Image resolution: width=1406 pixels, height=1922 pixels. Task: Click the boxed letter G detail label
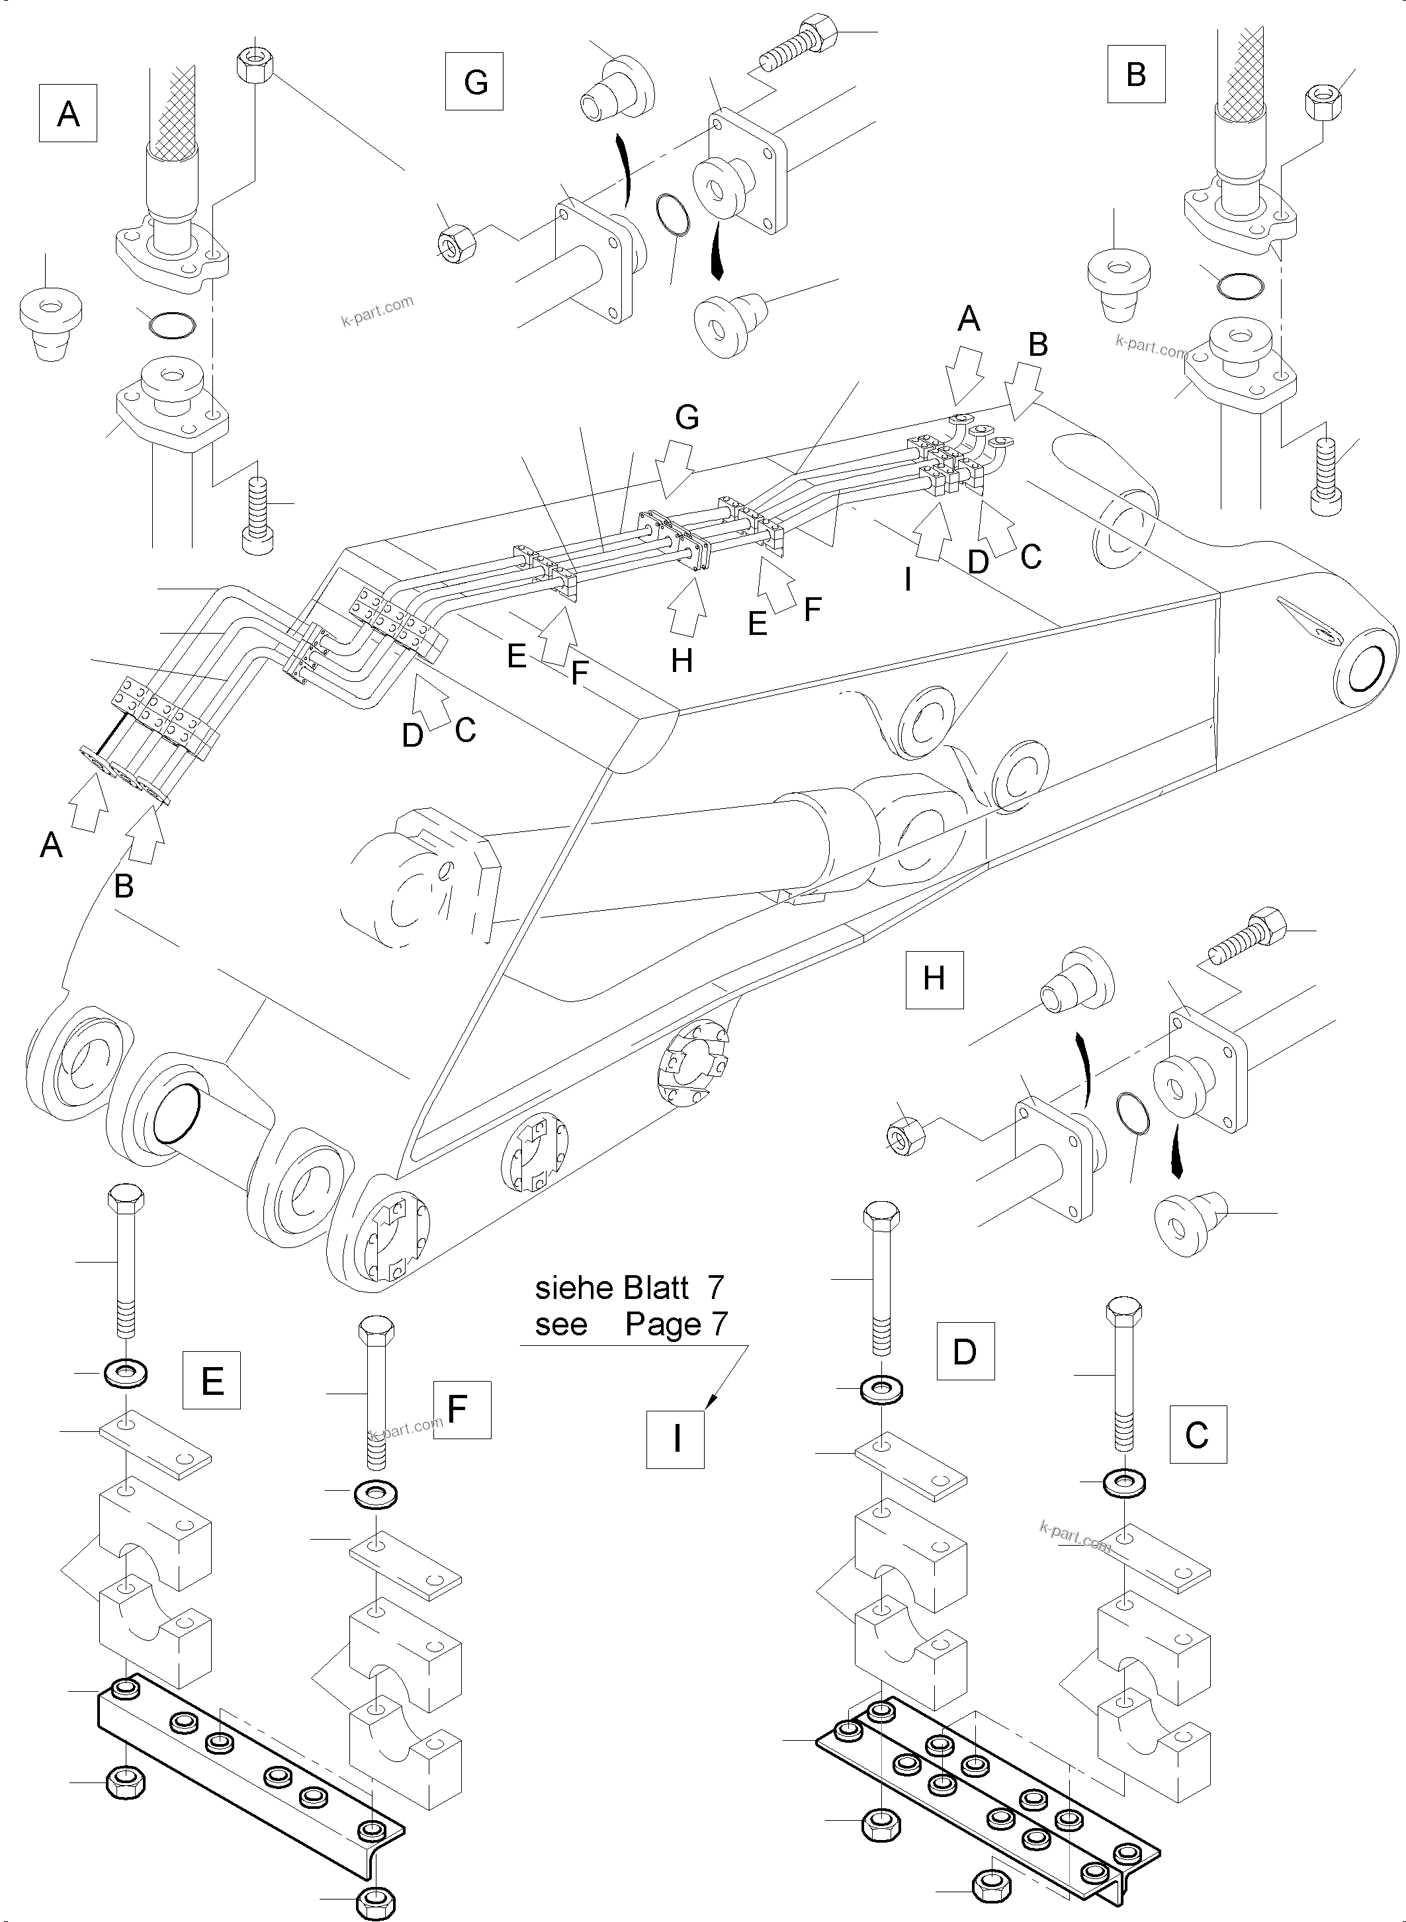(475, 81)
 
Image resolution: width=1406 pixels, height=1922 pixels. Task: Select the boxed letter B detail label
(1136, 75)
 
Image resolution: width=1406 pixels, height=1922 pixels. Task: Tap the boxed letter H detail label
(934, 980)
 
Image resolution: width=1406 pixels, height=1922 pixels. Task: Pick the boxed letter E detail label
(212, 1380)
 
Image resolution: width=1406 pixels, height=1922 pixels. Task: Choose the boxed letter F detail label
(462, 1410)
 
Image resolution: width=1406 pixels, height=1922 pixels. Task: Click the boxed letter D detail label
(965, 1351)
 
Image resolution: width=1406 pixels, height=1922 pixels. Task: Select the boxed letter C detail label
(1198, 1435)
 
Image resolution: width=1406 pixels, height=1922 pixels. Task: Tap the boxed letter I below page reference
(676, 1440)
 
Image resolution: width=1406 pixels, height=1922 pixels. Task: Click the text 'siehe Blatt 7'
(630, 1289)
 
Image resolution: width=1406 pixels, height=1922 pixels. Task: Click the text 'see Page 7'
(630, 1325)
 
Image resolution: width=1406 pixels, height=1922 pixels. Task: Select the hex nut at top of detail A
(253, 65)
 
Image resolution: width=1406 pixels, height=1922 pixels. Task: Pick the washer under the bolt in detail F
(374, 1494)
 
